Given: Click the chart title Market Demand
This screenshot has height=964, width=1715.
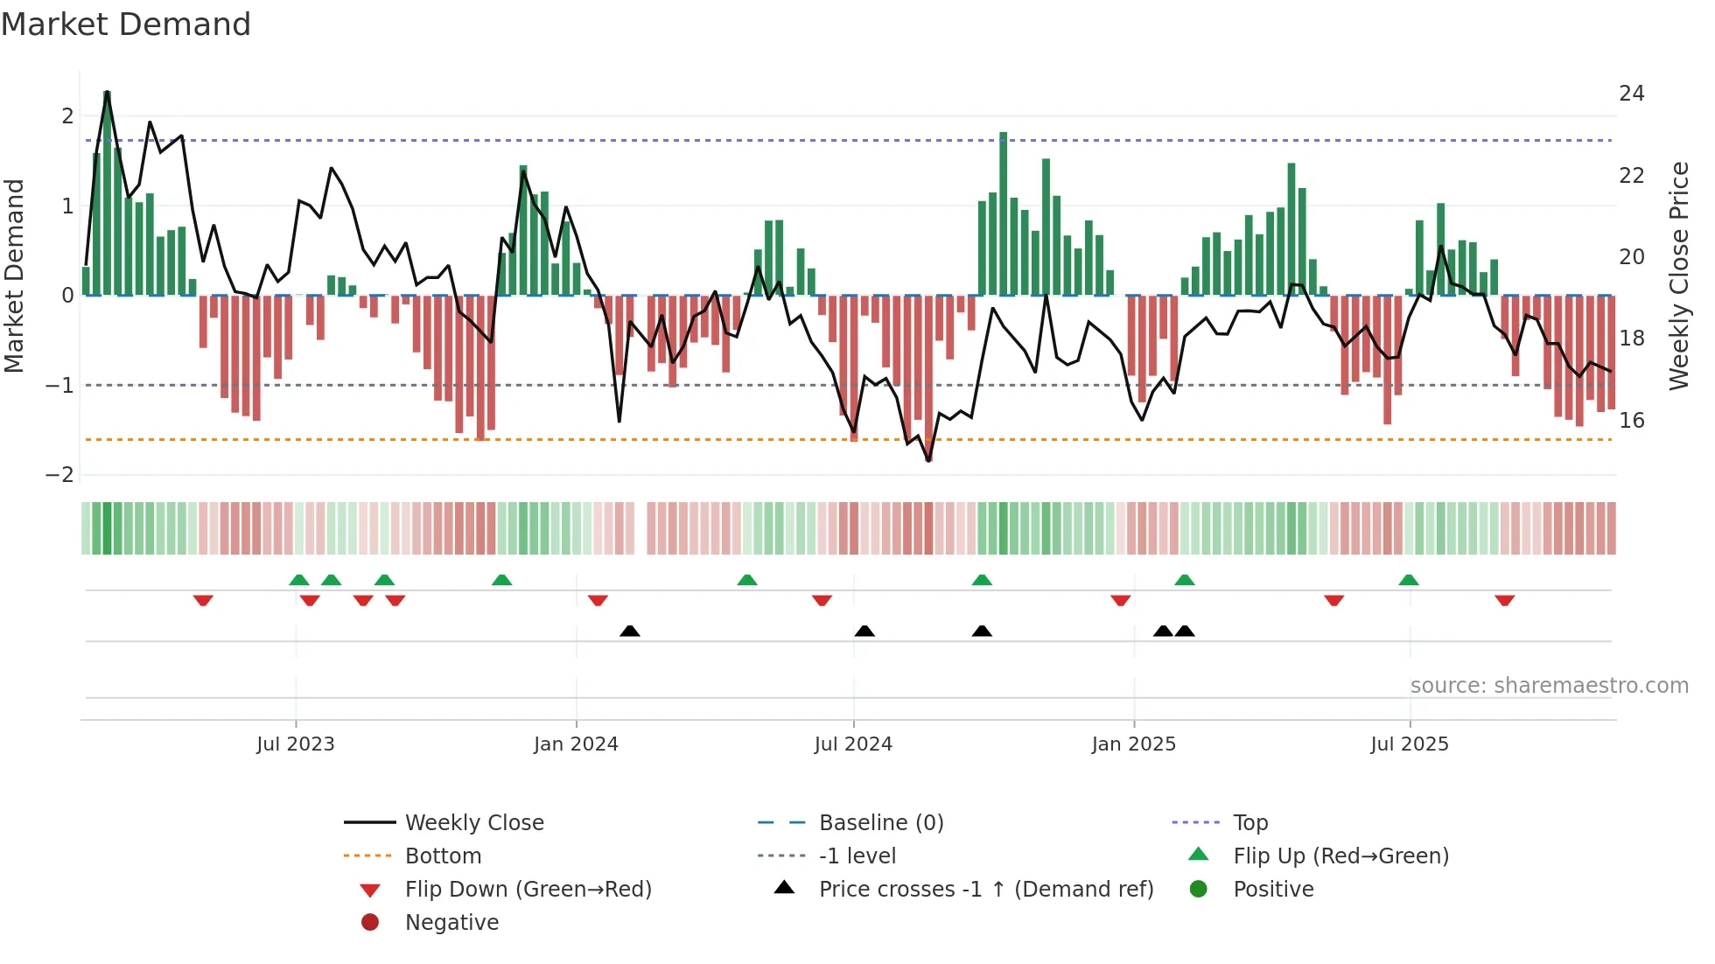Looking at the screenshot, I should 126,24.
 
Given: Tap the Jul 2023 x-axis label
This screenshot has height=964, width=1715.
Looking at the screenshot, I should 296,744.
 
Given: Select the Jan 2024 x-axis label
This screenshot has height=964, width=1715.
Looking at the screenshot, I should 576,744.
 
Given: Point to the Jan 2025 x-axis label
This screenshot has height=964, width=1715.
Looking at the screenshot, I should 1134,744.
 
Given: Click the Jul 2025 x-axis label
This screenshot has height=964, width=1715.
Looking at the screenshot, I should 1410,744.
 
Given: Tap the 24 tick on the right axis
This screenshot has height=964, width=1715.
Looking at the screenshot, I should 1631,94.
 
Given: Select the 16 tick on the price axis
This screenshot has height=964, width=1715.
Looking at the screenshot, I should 1631,421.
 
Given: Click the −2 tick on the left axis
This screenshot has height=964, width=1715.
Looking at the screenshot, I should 59,475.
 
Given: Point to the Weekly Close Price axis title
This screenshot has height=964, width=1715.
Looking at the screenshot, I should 1678,276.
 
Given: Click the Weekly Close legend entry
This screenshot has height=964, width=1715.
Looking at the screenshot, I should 473,823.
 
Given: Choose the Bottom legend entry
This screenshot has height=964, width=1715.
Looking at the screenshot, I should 443,856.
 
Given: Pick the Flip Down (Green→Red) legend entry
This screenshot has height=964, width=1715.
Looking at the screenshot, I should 528,890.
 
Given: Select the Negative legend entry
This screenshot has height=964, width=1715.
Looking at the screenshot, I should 451,923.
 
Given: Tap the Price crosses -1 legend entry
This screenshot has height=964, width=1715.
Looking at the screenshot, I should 985,890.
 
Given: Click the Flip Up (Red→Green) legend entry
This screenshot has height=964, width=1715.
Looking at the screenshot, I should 1340,856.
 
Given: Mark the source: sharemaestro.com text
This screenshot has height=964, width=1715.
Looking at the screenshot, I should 1549,686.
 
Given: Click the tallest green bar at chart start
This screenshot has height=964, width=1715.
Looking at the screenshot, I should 107,192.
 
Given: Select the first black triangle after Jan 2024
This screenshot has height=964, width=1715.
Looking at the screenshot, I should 630,631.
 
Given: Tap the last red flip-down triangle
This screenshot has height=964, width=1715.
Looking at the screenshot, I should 1505,600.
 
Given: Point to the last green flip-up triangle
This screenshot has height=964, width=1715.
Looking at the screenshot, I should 1409,580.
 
